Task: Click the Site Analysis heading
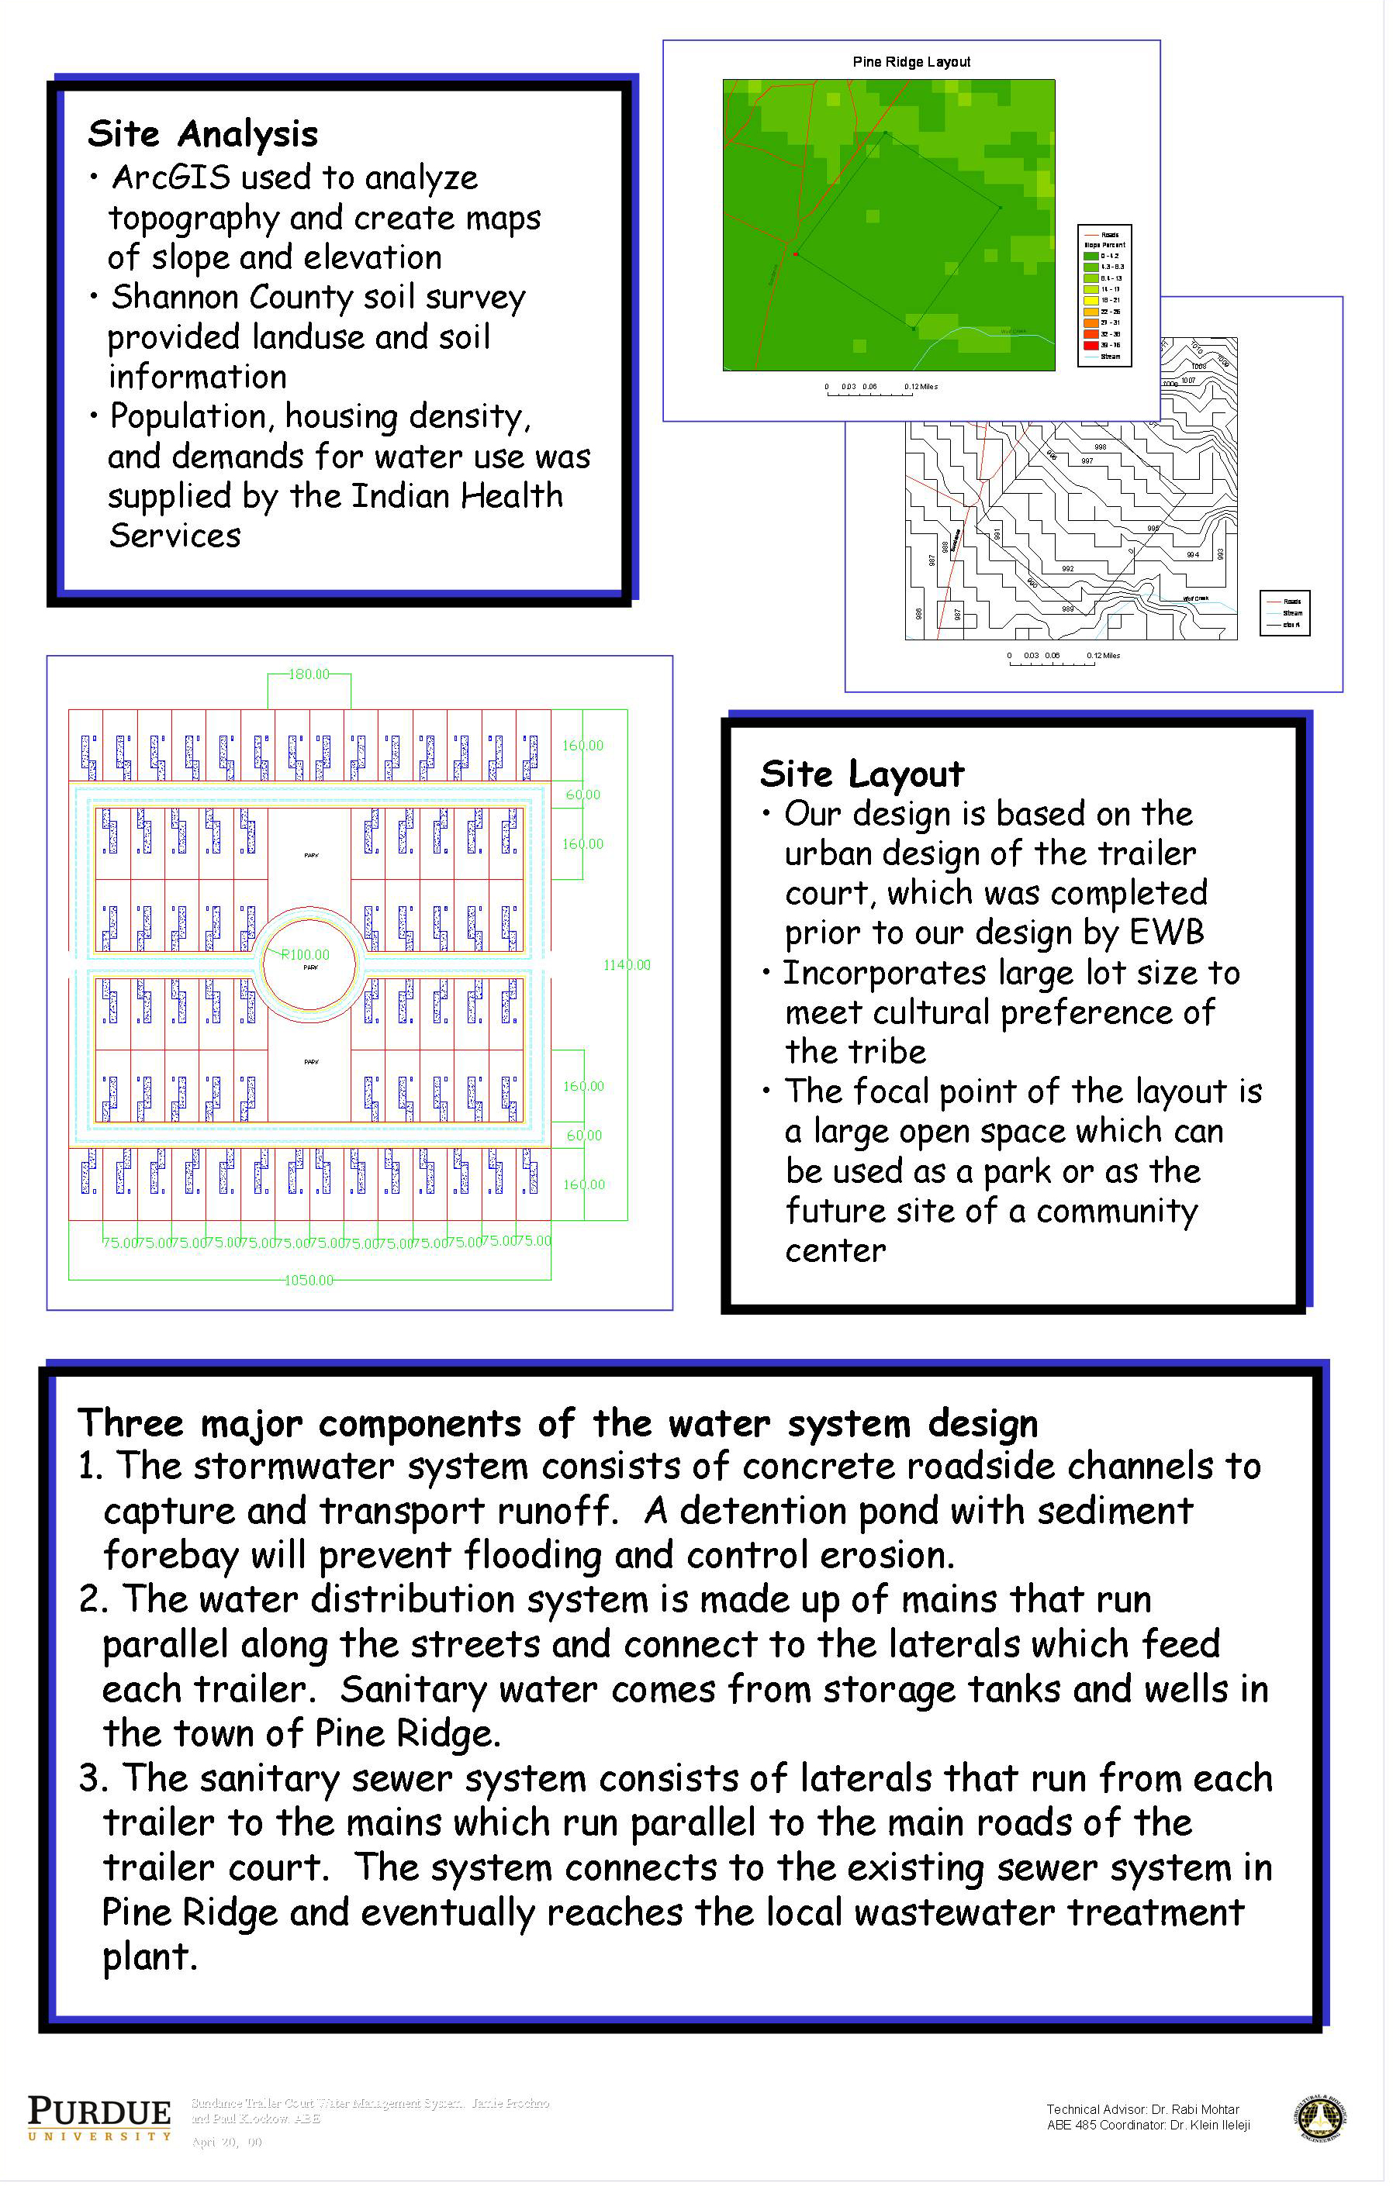tap(202, 134)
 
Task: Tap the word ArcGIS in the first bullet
tap(171, 178)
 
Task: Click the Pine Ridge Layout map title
tap(911, 62)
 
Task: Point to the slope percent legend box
tap(1104, 296)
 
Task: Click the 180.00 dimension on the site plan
tap(309, 674)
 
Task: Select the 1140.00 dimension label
tap(627, 965)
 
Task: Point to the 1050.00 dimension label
tap(309, 1280)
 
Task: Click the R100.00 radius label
tap(305, 955)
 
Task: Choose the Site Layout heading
tap(862, 774)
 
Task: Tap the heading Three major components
tap(557, 1423)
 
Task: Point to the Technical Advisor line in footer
tap(1142, 2108)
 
